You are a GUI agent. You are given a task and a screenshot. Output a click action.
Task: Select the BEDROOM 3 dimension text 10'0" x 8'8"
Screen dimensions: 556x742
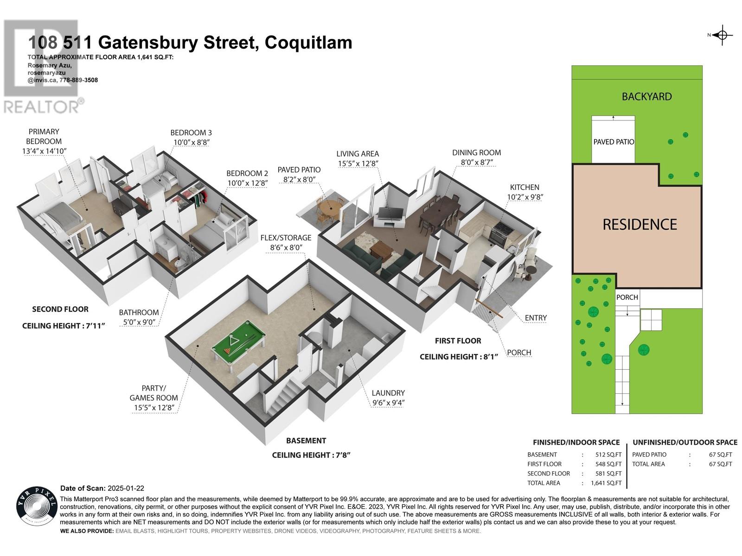coord(191,143)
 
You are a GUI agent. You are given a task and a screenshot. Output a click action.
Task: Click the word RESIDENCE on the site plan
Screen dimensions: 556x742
coord(640,225)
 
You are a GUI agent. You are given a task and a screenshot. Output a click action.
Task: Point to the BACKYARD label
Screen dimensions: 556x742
coord(646,97)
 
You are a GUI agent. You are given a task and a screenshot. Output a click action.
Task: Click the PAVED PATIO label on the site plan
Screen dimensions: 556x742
coord(614,142)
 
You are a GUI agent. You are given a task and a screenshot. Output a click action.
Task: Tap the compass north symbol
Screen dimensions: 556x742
coord(722,35)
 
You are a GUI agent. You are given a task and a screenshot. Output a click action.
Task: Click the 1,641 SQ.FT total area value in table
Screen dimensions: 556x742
coord(606,483)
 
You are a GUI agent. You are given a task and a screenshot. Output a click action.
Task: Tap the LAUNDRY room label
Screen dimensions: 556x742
coord(388,393)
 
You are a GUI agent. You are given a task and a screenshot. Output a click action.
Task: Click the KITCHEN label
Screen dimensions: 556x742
coord(525,187)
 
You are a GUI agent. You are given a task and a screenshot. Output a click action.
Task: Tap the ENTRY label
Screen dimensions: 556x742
coord(536,318)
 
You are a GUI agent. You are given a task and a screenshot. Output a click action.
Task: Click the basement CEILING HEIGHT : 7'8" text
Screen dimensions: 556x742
coord(311,455)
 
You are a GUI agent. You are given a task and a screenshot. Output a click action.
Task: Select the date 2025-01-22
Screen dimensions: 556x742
coord(126,488)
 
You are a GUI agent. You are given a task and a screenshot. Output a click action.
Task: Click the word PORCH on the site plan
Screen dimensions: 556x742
coord(627,297)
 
